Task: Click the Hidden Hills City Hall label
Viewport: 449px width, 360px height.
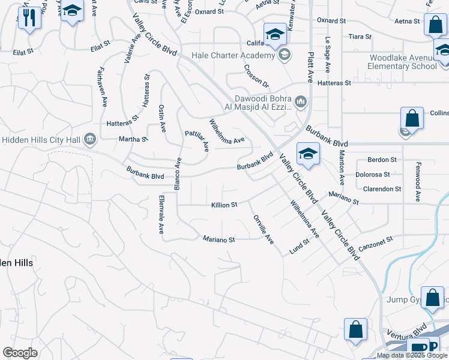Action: [42, 139]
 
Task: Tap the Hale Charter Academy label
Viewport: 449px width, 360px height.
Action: [233, 56]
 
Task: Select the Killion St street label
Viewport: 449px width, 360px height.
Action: [224, 205]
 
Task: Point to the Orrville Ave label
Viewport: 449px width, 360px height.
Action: [263, 229]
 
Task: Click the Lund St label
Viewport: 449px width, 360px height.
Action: [298, 245]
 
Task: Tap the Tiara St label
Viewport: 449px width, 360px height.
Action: [360, 37]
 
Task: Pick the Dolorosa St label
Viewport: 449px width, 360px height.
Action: [372, 175]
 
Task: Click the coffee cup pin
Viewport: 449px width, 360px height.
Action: [417, 348]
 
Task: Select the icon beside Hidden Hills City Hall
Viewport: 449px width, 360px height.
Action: [90, 139]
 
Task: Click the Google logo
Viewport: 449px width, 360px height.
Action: [20, 353]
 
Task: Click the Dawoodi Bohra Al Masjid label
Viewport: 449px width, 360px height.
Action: [258, 103]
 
